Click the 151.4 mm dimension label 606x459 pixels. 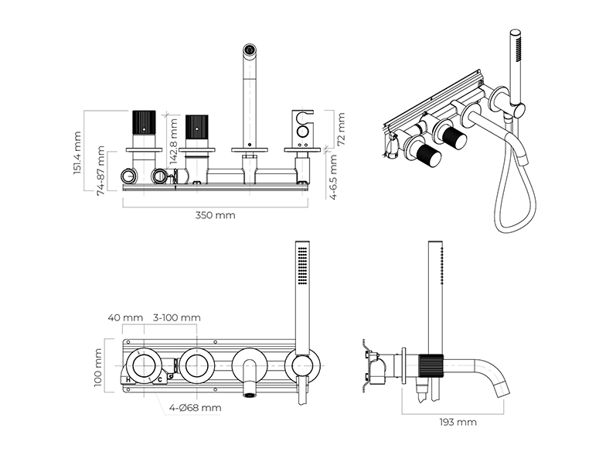click(78, 153)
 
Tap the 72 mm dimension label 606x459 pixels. click(341, 128)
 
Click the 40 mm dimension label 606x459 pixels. click(125, 317)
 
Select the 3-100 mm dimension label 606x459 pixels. click(177, 317)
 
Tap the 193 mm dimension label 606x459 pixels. click(458, 422)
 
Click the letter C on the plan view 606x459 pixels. click(160, 379)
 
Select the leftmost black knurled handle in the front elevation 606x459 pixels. click(145, 125)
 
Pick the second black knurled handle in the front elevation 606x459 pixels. click(196, 128)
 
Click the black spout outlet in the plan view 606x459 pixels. click(250, 394)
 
